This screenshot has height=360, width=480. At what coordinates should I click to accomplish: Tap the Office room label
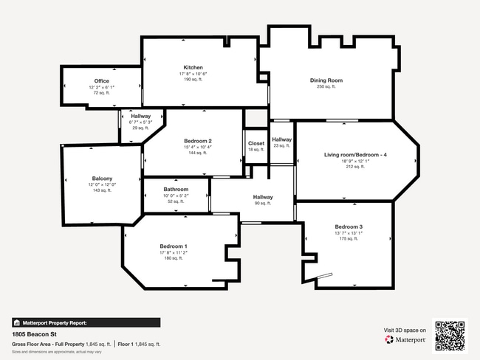click(101, 81)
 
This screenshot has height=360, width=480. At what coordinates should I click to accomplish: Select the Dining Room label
click(326, 80)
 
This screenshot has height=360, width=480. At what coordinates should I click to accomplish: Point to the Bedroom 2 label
click(198, 141)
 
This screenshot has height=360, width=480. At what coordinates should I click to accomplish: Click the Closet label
click(256, 143)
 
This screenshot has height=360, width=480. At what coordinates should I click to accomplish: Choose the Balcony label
click(102, 179)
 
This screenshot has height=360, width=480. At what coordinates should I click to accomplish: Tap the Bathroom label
click(176, 190)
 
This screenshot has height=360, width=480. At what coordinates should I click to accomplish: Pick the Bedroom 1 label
click(174, 246)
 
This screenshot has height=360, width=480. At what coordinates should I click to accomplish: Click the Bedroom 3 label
click(349, 226)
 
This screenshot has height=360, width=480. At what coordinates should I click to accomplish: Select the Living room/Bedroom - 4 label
click(355, 155)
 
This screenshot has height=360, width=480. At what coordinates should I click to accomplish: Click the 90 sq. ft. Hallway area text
click(262, 204)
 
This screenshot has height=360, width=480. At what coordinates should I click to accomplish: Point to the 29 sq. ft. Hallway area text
click(140, 128)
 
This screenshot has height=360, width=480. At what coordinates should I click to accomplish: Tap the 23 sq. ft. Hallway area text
click(281, 145)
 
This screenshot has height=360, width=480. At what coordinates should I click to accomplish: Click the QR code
click(450, 335)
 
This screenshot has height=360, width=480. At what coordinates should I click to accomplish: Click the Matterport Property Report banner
click(86, 322)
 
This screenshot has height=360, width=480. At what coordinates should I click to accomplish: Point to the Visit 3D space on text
click(405, 330)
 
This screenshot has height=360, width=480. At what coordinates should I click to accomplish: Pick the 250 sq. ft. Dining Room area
click(326, 87)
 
